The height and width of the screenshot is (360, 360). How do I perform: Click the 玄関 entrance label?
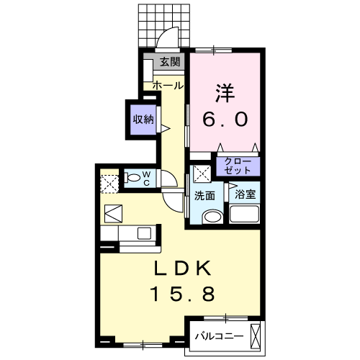click(170, 62)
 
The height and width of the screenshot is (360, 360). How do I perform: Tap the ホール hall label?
click(167, 86)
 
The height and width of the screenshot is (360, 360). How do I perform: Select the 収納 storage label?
click(143, 120)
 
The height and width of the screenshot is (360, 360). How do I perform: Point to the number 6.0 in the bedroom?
click(224, 118)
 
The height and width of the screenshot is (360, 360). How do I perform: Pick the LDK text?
click(183, 269)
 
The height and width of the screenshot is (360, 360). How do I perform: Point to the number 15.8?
click(183, 294)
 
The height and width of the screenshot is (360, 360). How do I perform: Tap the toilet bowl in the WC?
click(133, 177)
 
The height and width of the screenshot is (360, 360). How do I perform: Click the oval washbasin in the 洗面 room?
click(212, 217)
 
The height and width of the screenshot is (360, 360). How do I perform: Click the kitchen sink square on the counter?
click(143, 233)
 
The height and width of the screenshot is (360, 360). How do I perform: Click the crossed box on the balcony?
click(256, 335)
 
